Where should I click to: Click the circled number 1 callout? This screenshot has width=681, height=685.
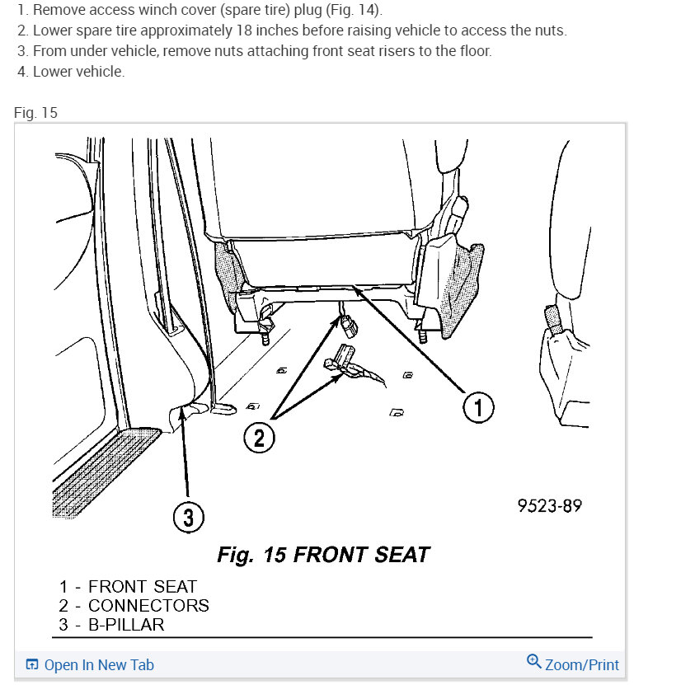coord(477,406)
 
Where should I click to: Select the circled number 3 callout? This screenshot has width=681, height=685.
coord(188,517)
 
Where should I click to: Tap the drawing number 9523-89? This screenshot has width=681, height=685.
coord(549,505)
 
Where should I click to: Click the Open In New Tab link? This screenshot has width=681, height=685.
coord(99,665)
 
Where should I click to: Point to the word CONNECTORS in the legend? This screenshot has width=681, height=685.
coord(148,606)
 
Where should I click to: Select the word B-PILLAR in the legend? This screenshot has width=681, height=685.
coord(126,624)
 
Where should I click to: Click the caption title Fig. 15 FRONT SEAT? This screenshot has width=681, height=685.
coord(323,554)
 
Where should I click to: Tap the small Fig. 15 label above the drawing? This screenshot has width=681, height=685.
coord(35,112)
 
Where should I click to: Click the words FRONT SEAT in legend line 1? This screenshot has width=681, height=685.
coord(143,587)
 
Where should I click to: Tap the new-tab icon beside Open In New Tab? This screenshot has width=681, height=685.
coord(32,665)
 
